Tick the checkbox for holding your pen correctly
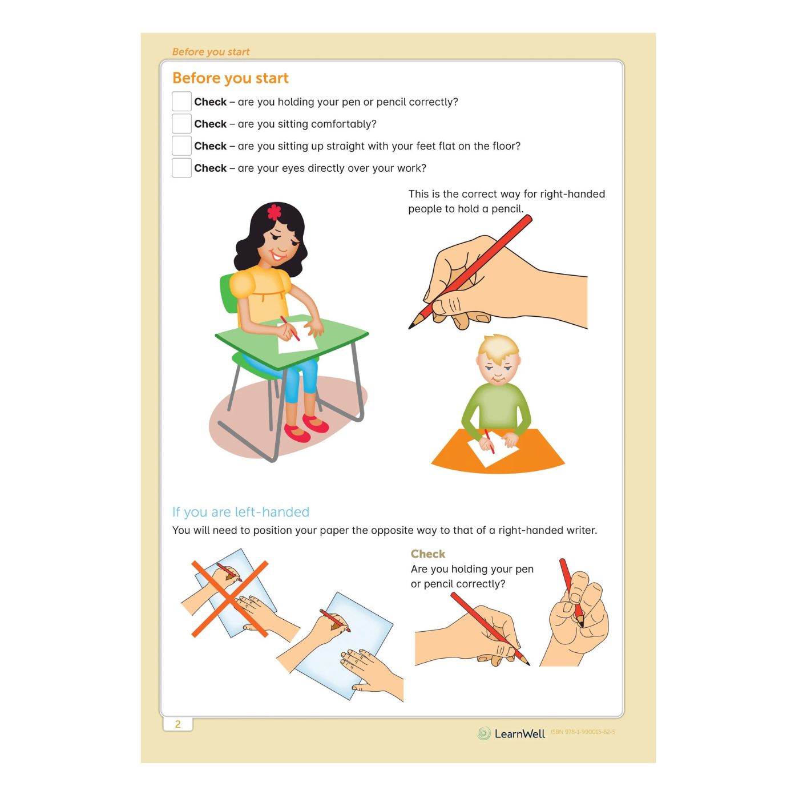[x=181, y=102]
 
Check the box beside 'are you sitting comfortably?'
[x=181, y=124]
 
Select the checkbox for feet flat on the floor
[x=181, y=146]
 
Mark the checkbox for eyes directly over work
[x=181, y=168]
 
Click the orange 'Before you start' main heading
[x=230, y=78]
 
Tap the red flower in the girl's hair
[x=274, y=212]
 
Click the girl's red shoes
[x=306, y=428]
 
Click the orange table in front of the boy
[x=498, y=451]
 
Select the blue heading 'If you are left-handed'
[x=240, y=512]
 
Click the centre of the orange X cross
[x=229, y=599]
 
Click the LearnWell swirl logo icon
[x=483, y=733]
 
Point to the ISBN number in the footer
[x=583, y=732]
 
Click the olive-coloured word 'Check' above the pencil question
[x=427, y=554]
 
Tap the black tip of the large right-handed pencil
[x=411, y=326]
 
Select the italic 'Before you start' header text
[x=211, y=52]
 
